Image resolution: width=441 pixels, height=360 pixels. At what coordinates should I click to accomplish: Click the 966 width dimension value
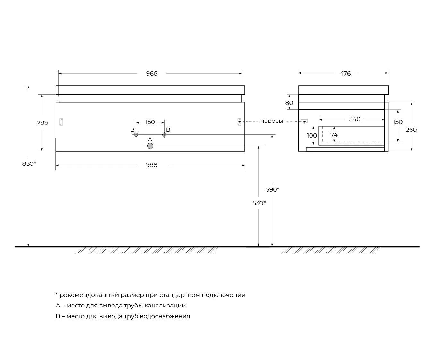[151, 74]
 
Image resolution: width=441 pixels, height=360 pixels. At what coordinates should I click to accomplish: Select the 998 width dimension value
[151, 165]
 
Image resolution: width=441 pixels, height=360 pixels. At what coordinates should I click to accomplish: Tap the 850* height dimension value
[29, 163]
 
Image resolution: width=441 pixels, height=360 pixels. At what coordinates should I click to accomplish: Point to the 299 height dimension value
[42, 123]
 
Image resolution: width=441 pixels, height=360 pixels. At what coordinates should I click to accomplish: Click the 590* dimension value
[273, 189]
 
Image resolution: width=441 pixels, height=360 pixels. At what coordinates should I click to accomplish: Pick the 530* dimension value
[259, 203]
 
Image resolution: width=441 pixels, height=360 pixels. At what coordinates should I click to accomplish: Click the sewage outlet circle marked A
[150, 146]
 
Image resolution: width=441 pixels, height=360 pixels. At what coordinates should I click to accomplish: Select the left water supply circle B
[136, 134]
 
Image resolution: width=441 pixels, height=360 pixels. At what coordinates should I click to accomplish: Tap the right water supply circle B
[164, 134]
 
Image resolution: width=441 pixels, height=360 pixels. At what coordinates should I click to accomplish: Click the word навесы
[272, 121]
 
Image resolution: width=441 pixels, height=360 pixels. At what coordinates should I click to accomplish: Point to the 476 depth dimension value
[345, 74]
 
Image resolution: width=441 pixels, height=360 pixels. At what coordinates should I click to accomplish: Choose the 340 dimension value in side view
[355, 119]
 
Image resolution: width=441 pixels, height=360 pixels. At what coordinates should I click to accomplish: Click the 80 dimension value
[289, 103]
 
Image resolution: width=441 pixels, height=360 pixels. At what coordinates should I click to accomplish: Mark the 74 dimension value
[334, 135]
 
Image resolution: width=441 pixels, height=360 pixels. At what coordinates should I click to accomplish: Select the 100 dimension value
[312, 136]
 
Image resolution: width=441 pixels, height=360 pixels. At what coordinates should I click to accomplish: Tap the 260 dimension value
[411, 130]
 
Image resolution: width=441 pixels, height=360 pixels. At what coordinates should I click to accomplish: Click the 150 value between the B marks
[150, 122]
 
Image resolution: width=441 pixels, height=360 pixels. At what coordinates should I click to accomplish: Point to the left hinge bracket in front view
[61, 122]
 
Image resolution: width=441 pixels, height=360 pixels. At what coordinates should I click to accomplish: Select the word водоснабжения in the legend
[165, 316]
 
